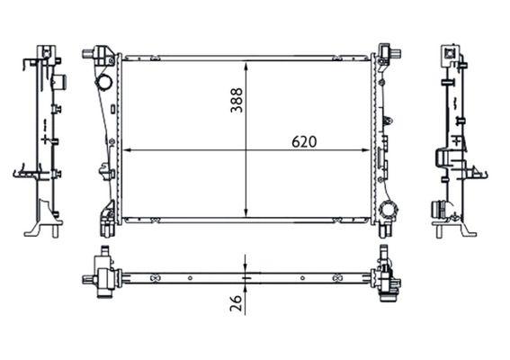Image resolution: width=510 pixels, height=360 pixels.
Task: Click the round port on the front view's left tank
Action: click(x=103, y=84)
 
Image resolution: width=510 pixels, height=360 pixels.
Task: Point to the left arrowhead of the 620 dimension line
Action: click(x=125, y=150)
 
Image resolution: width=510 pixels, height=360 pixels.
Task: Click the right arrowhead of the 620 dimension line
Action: click(x=367, y=150)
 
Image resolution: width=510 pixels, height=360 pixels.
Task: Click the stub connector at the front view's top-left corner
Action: click(x=92, y=54)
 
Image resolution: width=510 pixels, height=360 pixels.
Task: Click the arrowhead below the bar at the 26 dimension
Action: click(x=246, y=285)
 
